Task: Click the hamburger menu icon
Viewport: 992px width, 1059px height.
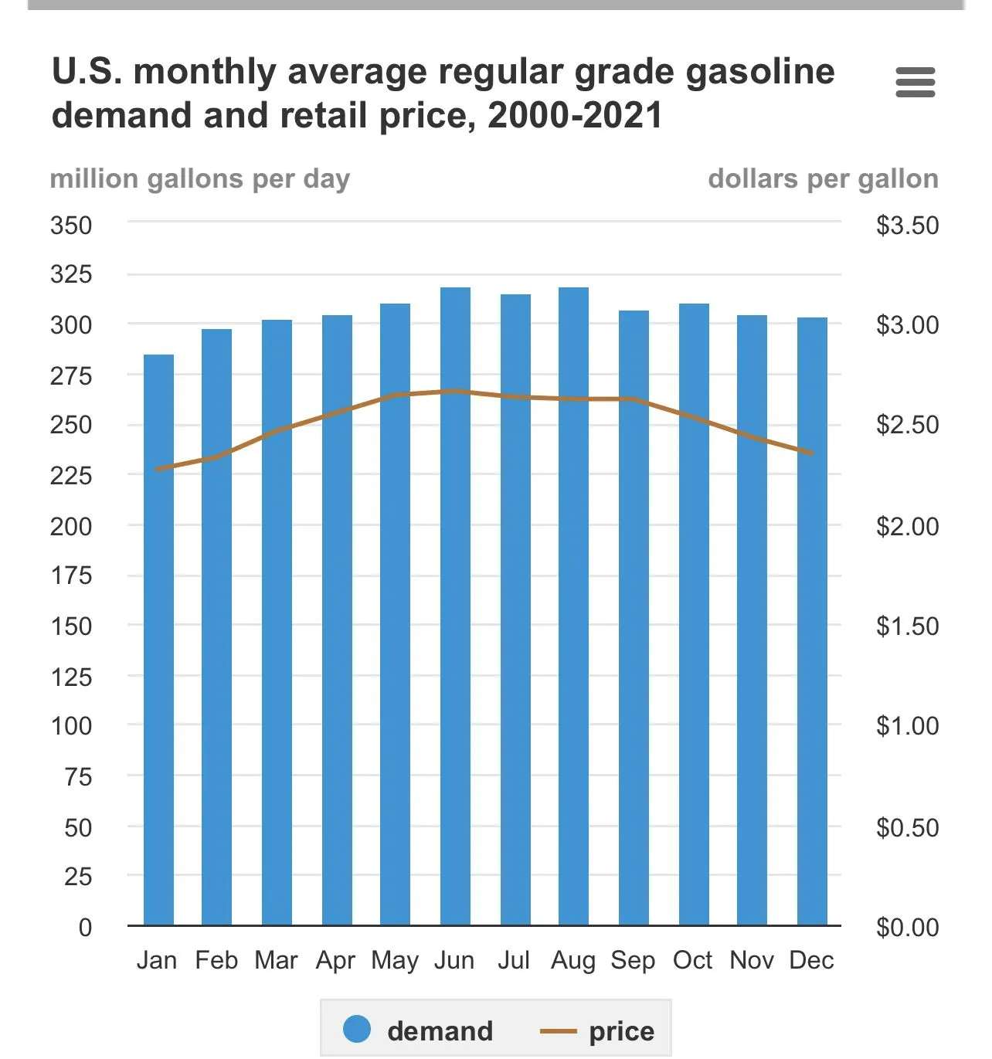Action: coord(915,83)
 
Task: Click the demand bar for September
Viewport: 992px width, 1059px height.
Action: coord(634,618)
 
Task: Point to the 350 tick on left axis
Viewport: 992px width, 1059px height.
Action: coord(71,226)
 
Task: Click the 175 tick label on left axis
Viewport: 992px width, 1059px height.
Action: coord(71,575)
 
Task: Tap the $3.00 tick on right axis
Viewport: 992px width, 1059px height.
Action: coord(907,325)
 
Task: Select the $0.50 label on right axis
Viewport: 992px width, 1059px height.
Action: coord(907,828)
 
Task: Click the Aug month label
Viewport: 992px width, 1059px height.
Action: coord(573,961)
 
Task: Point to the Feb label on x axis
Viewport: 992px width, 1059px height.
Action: coord(216,961)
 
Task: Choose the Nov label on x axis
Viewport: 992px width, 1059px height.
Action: coord(752,961)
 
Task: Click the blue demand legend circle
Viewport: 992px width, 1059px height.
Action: coord(357,1029)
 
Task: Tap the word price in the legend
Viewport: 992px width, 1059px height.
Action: coord(621,1031)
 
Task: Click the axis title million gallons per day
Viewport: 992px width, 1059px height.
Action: coord(200,179)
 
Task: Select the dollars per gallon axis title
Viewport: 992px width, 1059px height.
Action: coord(823,179)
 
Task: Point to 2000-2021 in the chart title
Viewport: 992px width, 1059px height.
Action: coord(576,116)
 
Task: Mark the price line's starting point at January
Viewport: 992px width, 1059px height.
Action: coord(158,469)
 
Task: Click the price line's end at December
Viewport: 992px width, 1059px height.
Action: coord(812,453)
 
